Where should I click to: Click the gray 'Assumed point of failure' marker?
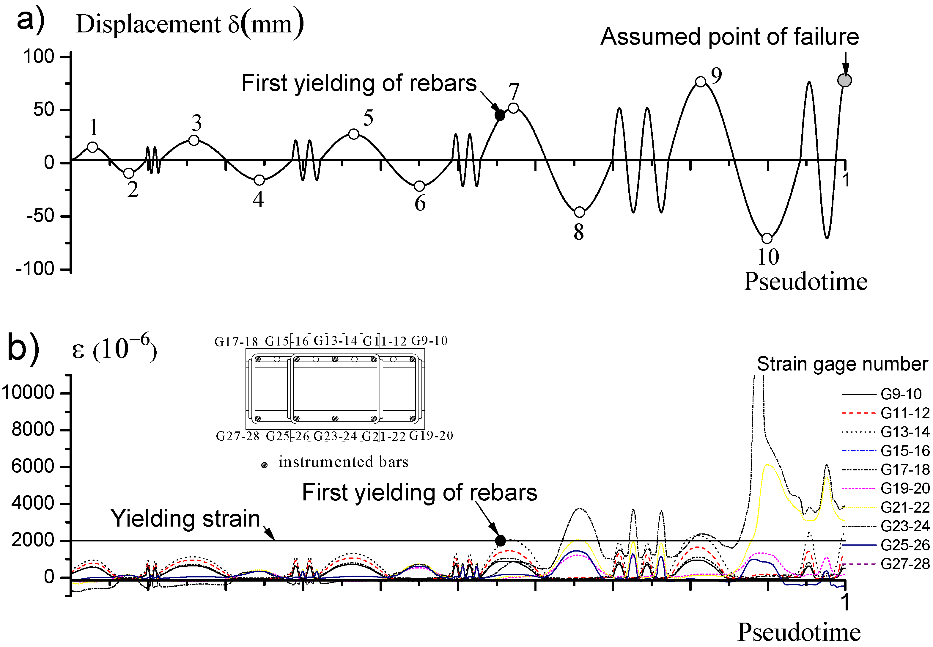point(845,80)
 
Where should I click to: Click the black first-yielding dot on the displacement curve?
point(500,116)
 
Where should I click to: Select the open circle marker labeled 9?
point(701,81)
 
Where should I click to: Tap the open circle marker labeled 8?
point(580,212)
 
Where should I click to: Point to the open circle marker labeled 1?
point(93,147)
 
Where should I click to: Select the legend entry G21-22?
point(905,507)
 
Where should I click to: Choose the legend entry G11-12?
point(905,413)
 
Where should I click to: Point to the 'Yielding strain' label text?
point(185,519)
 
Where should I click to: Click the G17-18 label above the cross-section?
point(236,342)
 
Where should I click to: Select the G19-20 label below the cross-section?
point(431,436)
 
